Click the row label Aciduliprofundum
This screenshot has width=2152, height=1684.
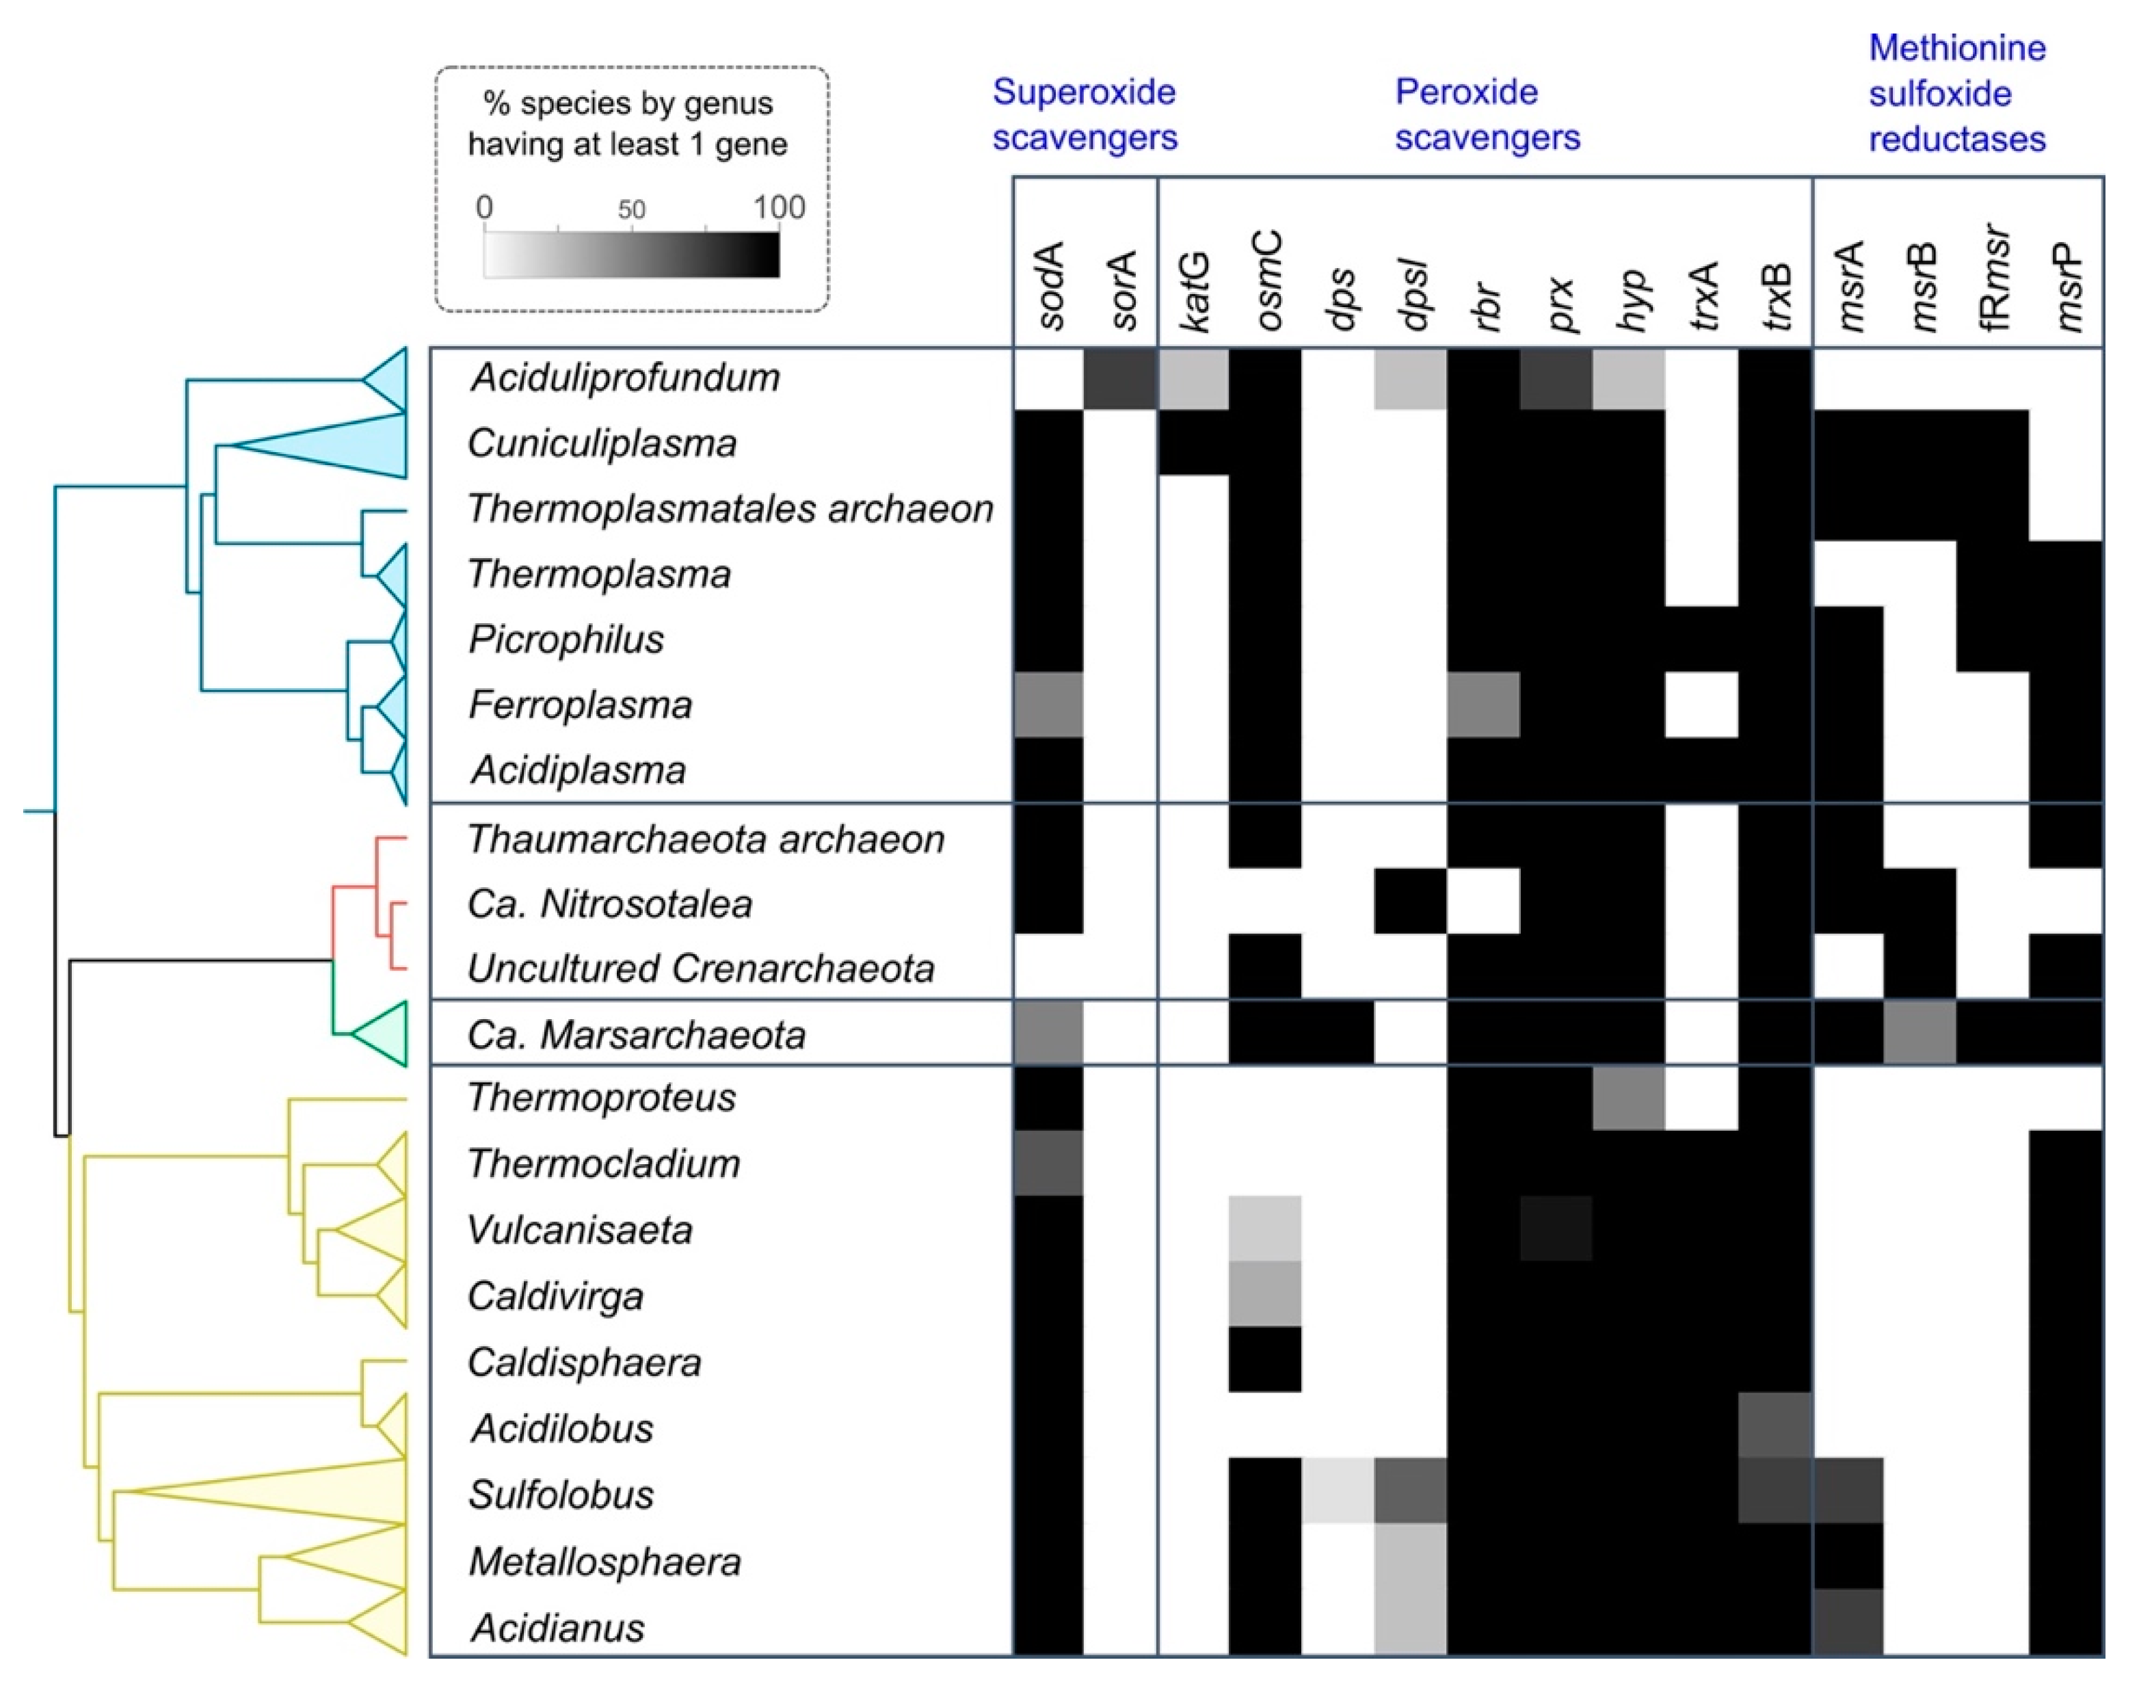[x=625, y=378]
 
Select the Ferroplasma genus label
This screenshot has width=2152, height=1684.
[x=580, y=705]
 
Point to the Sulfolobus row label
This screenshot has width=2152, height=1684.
[x=560, y=1495]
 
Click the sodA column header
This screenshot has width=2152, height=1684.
[x=1050, y=285]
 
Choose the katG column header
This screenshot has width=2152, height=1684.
[x=1194, y=290]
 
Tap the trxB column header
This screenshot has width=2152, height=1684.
[x=1777, y=295]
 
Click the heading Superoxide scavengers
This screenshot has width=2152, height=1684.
[x=1085, y=114]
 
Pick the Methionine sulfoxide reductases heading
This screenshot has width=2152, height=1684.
[x=1957, y=94]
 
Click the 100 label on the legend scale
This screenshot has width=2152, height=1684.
[x=779, y=207]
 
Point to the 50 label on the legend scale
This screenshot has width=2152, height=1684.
[x=631, y=209]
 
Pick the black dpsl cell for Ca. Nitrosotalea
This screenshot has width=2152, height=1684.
[x=1409, y=901]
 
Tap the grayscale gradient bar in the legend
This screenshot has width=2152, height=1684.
[x=631, y=254]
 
